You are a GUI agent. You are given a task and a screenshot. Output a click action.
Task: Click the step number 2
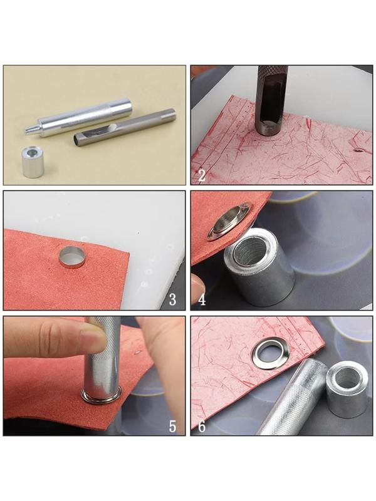click(201, 175)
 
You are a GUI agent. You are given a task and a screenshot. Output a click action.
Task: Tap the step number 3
click(172, 300)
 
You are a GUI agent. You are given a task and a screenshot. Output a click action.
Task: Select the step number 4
click(202, 300)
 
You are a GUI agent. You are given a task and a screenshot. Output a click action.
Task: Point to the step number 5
click(172, 426)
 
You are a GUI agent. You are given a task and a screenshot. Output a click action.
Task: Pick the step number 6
click(202, 426)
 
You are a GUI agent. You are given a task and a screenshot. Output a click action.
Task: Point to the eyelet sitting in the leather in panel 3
click(72, 257)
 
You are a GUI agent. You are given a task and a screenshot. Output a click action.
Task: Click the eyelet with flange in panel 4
click(229, 220)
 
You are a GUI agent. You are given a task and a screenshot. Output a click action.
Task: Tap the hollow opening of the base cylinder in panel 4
click(250, 247)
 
